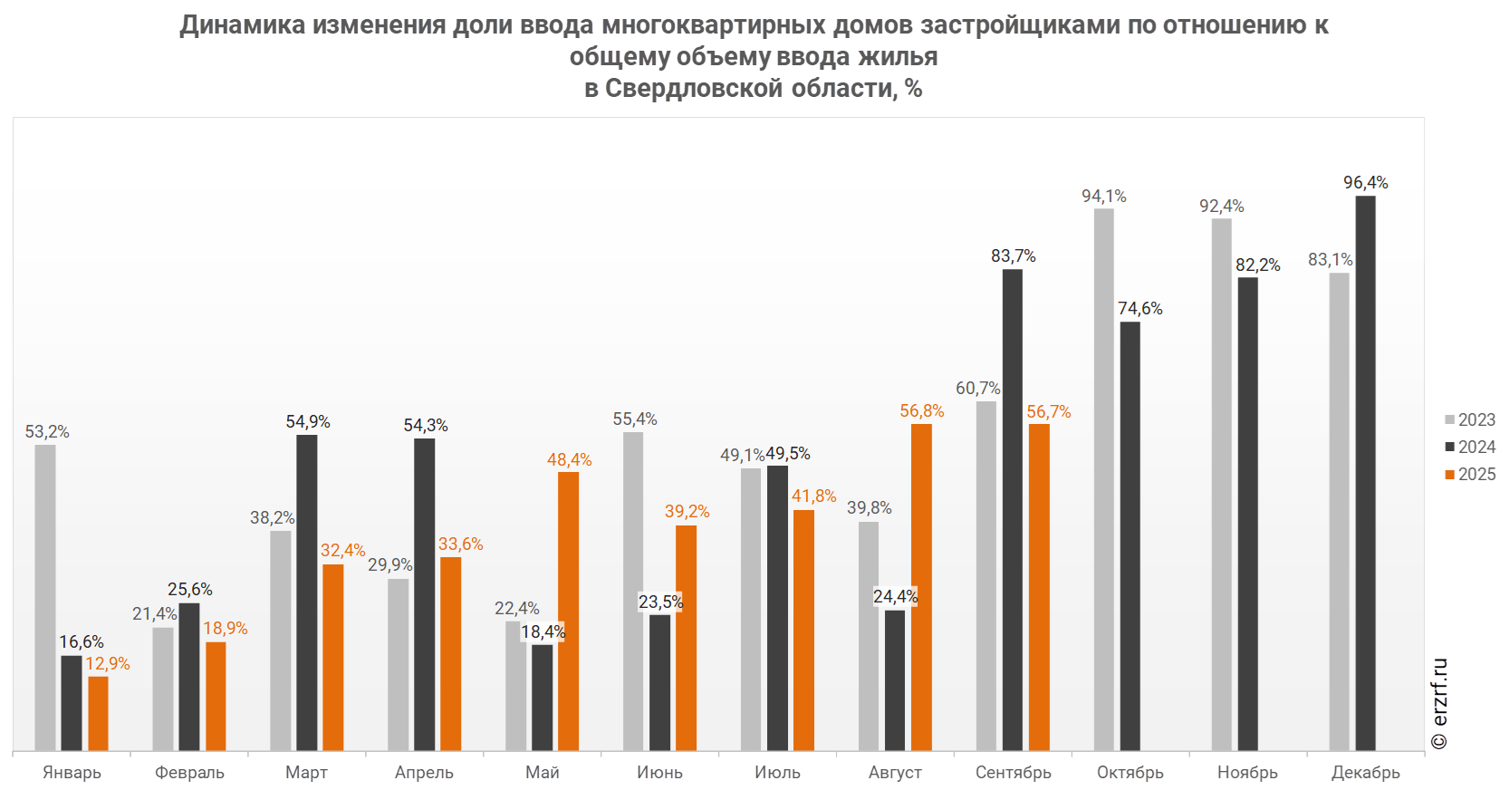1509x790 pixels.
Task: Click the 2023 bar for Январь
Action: [x=44, y=597]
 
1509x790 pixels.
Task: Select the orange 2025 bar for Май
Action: [x=568, y=611]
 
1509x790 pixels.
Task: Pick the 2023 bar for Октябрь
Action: [x=1103, y=479]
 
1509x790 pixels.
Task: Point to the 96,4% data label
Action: [x=1365, y=183]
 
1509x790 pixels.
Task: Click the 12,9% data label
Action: [x=108, y=664]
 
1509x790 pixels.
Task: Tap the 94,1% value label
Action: [x=1103, y=197]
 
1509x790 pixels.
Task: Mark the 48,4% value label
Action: [x=569, y=460]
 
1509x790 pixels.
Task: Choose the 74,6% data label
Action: [x=1139, y=309]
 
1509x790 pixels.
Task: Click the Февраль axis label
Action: [x=189, y=772]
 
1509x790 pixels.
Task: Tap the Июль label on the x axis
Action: [x=778, y=772]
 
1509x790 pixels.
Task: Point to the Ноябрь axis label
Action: [x=1248, y=772]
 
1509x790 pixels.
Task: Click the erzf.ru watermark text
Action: [x=1440, y=703]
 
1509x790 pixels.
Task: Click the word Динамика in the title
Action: [x=242, y=24]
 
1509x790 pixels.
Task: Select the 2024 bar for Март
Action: [x=306, y=592]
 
